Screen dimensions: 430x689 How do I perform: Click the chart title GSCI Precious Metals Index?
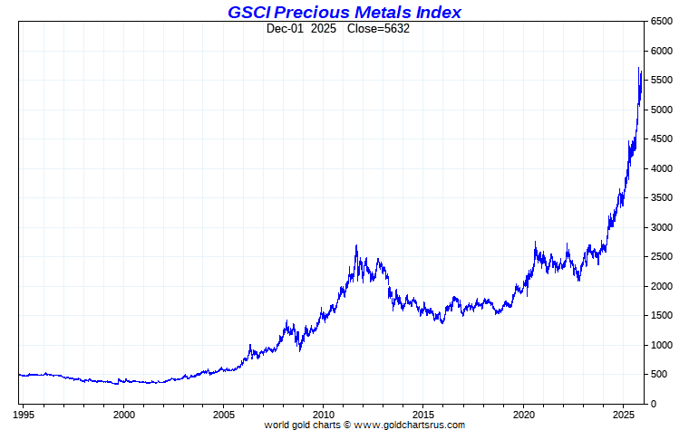[x=344, y=12]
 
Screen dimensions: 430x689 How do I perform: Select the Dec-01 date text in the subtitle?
[x=285, y=28]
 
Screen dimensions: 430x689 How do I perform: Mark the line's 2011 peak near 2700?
[x=356, y=245]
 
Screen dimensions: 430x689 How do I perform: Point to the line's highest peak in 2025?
[x=639, y=69]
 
